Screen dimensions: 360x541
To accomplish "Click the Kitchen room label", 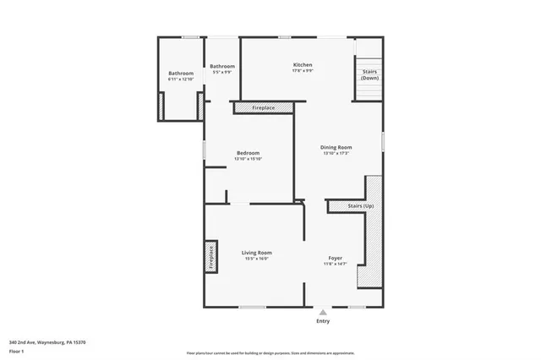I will tap(303, 65).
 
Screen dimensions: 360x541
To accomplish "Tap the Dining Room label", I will tap(336, 147).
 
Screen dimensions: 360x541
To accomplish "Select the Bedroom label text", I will tap(248, 153).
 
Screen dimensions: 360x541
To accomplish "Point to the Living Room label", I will tap(256, 253).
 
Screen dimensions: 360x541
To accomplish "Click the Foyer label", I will tap(336, 258).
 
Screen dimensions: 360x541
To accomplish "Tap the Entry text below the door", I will tap(323, 321).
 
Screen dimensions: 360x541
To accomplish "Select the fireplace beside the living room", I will tap(210, 258).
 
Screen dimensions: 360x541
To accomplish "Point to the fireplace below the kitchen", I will tap(264, 108).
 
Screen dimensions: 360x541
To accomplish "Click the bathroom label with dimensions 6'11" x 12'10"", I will tap(181, 74).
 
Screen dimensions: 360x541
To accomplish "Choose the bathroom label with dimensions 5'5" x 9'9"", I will tap(222, 66).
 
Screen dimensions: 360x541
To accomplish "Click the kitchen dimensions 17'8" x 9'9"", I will tap(303, 71).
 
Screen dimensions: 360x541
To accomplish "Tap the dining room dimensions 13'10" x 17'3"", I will tap(336, 153).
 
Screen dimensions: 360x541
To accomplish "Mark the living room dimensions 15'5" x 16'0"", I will tap(256, 259).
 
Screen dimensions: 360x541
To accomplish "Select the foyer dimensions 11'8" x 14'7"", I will tap(336, 264).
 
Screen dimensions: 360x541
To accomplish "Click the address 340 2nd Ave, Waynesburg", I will tap(47, 341).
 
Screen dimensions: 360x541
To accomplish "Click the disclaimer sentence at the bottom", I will tap(270, 352).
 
